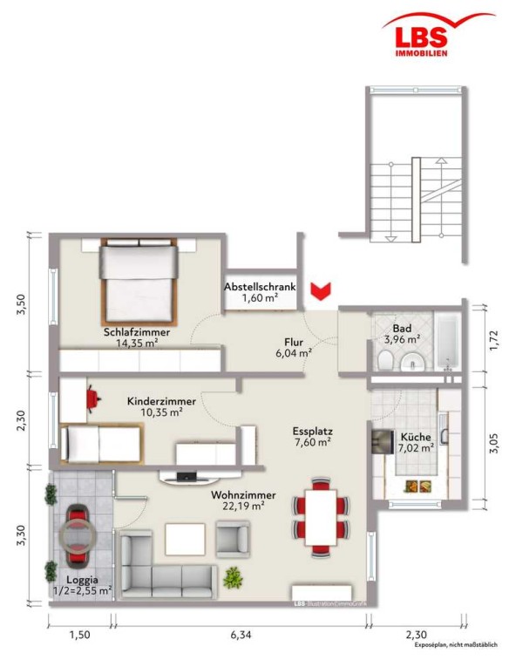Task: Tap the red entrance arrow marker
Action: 321,291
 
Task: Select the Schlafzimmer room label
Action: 137,332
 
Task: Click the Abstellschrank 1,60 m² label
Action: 260,292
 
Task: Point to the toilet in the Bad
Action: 385,361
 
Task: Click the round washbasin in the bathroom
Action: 412,362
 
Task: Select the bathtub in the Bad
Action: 448,342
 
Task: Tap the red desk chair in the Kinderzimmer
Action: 93,398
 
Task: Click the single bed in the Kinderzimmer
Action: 102,443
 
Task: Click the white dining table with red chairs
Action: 321,517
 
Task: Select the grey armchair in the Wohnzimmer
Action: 233,539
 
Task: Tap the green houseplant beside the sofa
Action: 233,577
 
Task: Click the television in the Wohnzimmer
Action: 187,477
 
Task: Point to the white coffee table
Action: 185,539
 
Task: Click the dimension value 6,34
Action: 241,635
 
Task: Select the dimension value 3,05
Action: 495,443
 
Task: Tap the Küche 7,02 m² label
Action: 416,442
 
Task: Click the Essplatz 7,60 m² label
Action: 312,437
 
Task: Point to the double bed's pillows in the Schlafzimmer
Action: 139,242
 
